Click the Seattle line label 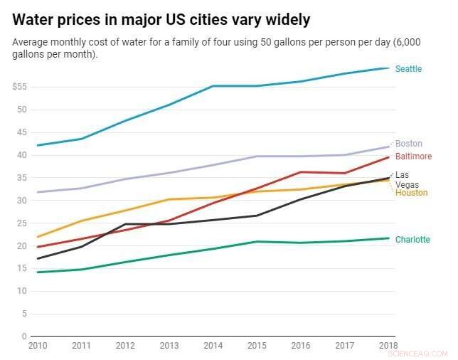click(x=408, y=69)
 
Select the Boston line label click(x=408, y=144)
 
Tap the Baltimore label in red click(x=413, y=157)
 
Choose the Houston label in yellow click(x=410, y=193)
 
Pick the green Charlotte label click(x=412, y=240)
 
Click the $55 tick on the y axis click(x=19, y=87)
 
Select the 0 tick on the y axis click(x=24, y=337)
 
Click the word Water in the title click(x=34, y=18)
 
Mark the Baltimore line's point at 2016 click(x=300, y=172)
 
